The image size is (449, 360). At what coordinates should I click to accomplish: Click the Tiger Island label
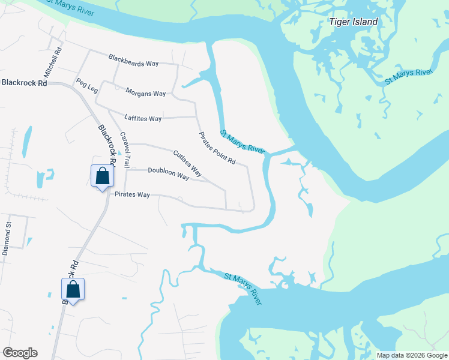pyautogui.click(x=354, y=22)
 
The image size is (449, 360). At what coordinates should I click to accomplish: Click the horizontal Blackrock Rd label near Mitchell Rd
pyautogui.click(x=24, y=83)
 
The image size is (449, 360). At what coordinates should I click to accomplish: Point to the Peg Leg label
pyautogui.click(x=86, y=86)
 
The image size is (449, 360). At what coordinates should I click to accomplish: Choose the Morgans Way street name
pyautogui.click(x=145, y=93)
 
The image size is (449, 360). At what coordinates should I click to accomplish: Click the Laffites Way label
pyautogui.click(x=143, y=118)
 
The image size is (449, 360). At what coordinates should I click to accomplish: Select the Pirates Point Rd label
pyautogui.click(x=218, y=148)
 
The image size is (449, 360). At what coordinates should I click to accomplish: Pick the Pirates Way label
pyautogui.click(x=132, y=194)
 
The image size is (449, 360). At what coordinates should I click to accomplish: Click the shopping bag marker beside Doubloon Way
pyautogui.click(x=102, y=176)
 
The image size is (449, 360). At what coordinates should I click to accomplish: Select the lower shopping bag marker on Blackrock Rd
pyautogui.click(x=73, y=289)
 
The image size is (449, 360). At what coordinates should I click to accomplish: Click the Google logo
pyautogui.click(x=20, y=353)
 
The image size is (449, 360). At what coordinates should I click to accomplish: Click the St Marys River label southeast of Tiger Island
pyautogui.click(x=408, y=77)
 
